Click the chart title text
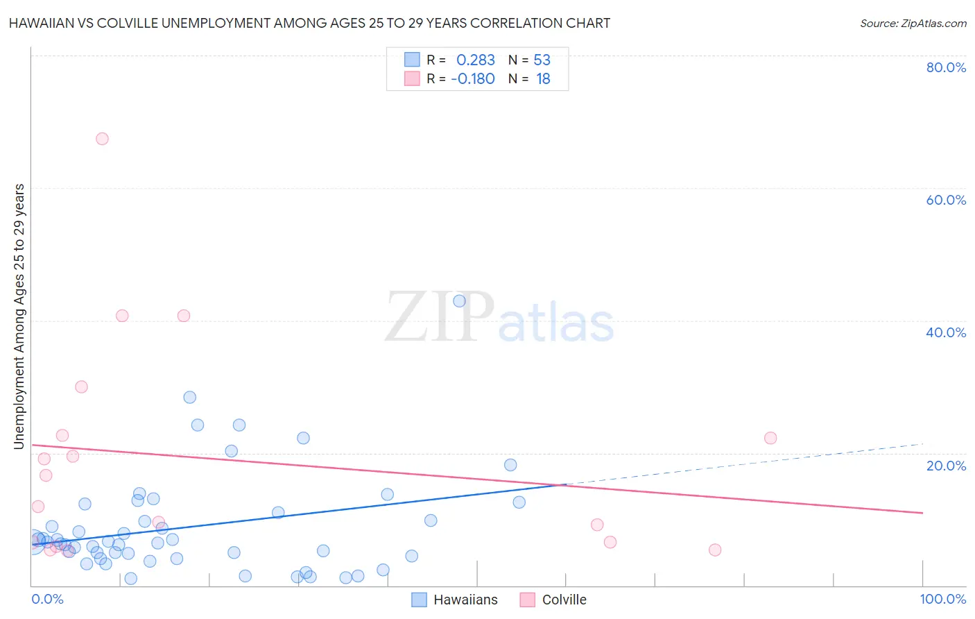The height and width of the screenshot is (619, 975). coord(309,23)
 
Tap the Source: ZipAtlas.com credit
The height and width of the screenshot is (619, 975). coord(913,23)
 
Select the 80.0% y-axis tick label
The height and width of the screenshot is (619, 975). coord(946,67)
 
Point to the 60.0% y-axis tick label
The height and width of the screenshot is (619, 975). coord(946,200)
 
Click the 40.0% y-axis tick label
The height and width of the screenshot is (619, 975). coord(946,332)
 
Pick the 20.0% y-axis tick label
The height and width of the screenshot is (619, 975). coord(946,465)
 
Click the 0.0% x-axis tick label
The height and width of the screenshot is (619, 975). coord(47,599)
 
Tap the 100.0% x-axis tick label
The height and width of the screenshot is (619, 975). coord(942,599)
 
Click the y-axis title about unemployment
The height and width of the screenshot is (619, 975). coord(19,316)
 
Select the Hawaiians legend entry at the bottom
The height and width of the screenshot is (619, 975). coord(456,600)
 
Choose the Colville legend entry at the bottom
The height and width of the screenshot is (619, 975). coord(554,600)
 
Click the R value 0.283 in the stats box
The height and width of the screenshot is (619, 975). coord(475,60)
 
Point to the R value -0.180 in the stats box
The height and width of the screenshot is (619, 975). coord(472,78)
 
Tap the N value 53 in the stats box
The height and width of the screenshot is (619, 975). coord(542,60)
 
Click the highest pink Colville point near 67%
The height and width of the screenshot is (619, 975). coord(102,139)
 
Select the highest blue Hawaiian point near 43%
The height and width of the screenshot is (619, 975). coord(459,301)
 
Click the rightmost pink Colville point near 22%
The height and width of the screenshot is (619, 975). coord(770,438)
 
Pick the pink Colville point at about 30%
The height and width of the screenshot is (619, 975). coord(81,387)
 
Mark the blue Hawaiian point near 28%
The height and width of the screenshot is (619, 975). coord(189,398)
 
